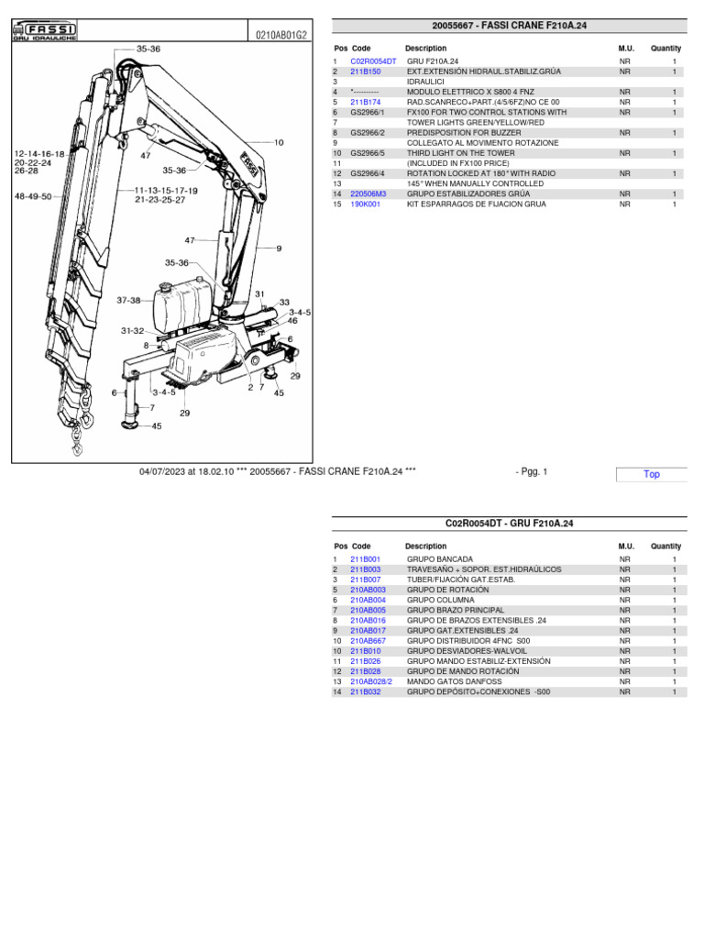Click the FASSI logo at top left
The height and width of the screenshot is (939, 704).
44,33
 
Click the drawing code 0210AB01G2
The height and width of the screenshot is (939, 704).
281,35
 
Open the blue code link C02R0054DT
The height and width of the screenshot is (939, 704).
373,61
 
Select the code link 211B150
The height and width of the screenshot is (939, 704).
365,72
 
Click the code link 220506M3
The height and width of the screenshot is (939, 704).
368,194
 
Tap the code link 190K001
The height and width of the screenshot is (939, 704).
365,204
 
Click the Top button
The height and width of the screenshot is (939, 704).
652,474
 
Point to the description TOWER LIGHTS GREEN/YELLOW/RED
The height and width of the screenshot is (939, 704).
475,122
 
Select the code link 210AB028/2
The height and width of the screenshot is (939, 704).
370,682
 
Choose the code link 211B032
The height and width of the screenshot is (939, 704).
365,692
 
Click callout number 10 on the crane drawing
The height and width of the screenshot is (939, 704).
279,143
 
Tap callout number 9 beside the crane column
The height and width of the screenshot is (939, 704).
279,249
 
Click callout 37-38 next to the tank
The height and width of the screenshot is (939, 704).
129,300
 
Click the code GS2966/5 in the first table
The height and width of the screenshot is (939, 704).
368,153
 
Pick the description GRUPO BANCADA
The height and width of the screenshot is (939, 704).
440,559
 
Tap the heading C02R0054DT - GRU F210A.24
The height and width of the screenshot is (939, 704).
509,524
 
